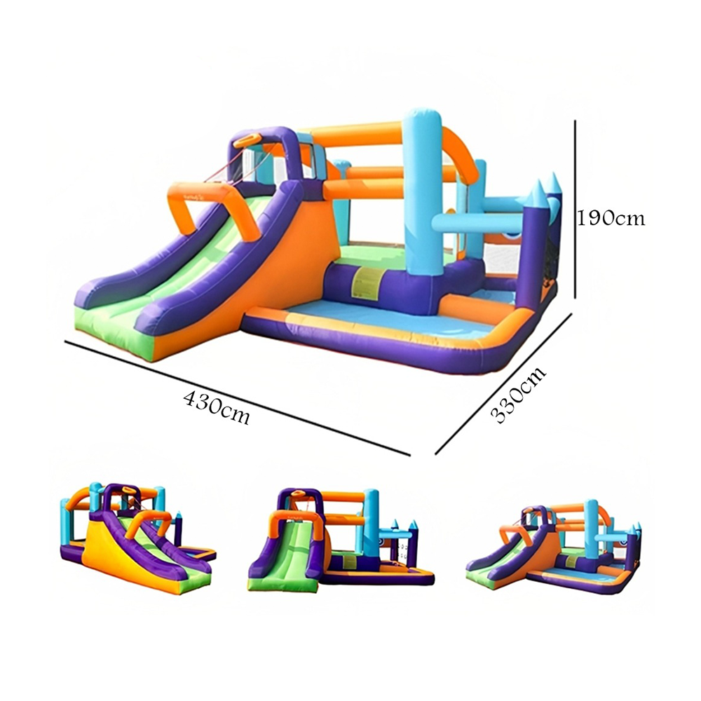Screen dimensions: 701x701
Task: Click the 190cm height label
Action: point(611,218)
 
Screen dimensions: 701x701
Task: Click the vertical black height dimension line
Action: point(576,209)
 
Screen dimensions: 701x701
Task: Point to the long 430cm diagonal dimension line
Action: point(238,398)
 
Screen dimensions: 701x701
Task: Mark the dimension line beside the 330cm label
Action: point(503,384)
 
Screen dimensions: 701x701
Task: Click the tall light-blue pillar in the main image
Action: point(421,192)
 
